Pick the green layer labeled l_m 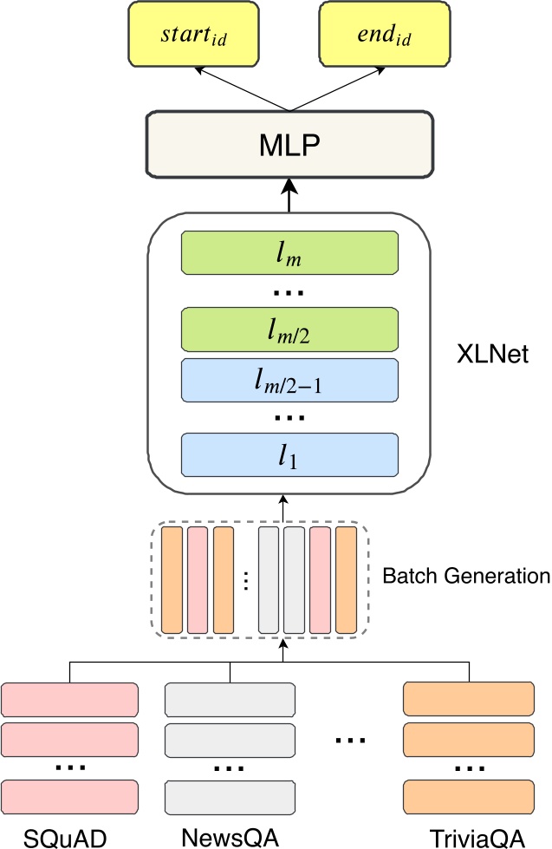pos(289,253)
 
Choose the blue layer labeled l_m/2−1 pos(289,378)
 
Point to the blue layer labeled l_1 pos(289,454)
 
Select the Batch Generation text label pos(465,576)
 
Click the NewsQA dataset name pos(230,837)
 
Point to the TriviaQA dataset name pos(477,837)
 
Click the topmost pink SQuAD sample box pos(71,700)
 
